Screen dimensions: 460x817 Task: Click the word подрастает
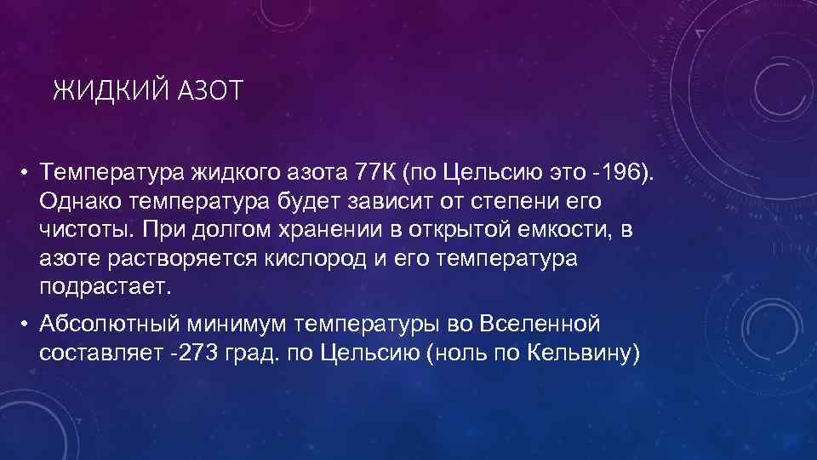coord(105,287)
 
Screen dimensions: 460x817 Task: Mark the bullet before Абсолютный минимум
coord(27,325)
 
